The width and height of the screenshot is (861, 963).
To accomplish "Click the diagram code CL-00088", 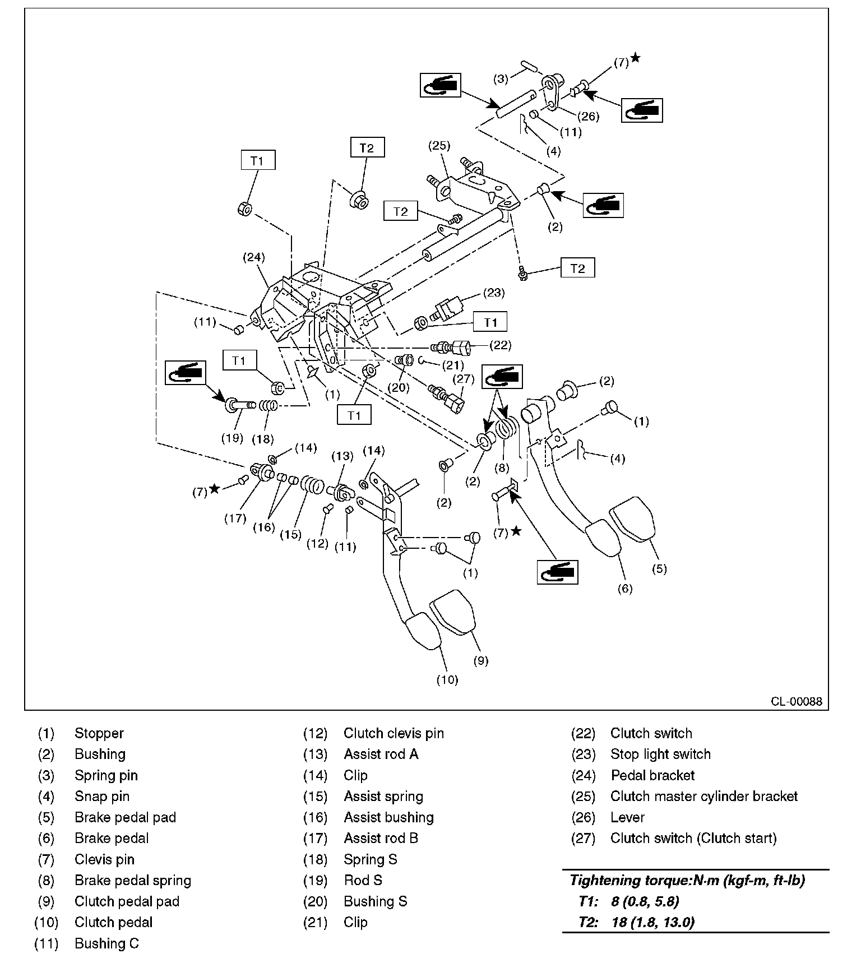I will [796, 701].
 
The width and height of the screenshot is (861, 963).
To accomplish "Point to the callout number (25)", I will [439, 146].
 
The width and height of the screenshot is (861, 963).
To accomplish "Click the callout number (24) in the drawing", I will [253, 257].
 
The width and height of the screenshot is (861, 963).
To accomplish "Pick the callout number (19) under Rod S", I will [232, 438].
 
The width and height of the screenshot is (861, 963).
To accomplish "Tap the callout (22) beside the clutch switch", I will [500, 345].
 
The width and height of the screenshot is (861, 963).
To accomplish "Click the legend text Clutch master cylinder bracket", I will [703, 796].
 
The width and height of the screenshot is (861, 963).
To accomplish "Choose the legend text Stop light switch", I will [660, 754].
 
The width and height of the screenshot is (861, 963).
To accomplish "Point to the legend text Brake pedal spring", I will [133, 880].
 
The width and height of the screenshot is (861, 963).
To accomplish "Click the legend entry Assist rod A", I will [381, 754].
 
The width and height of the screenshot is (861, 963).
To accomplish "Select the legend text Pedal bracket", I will [652, 775].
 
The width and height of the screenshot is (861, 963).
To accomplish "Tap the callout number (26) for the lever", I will [589, 117].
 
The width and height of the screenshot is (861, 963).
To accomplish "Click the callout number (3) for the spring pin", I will [501, 79].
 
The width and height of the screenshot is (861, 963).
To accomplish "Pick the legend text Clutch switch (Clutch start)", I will [693, 838].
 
